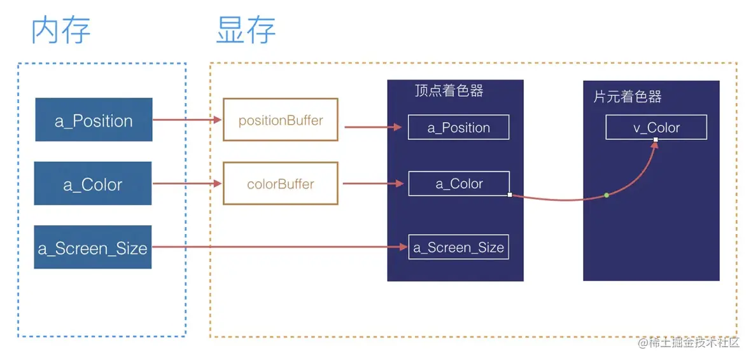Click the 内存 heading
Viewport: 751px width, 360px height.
[61, 31]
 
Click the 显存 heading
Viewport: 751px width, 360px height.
[246, 31]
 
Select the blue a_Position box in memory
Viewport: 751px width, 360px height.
[94, 120]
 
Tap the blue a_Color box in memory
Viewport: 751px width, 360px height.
[93, 184]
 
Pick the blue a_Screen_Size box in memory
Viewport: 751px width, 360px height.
[93, 247]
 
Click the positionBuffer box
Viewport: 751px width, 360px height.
[280, 120]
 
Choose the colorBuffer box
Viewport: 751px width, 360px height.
[280, 184]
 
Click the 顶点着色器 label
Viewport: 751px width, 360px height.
[449, 91]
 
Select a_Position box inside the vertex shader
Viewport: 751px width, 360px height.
[458, 127]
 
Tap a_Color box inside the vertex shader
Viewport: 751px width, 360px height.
[458, 184]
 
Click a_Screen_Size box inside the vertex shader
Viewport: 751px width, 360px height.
[458, 247]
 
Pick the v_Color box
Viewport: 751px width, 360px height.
[656, 127]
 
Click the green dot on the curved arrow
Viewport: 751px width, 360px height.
[607, 195]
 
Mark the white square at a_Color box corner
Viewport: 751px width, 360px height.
[510, 195]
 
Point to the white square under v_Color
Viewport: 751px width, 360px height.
[656, 139]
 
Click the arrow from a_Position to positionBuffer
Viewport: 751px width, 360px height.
[187, 120]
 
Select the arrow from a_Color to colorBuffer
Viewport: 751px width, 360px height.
[187, 184]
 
